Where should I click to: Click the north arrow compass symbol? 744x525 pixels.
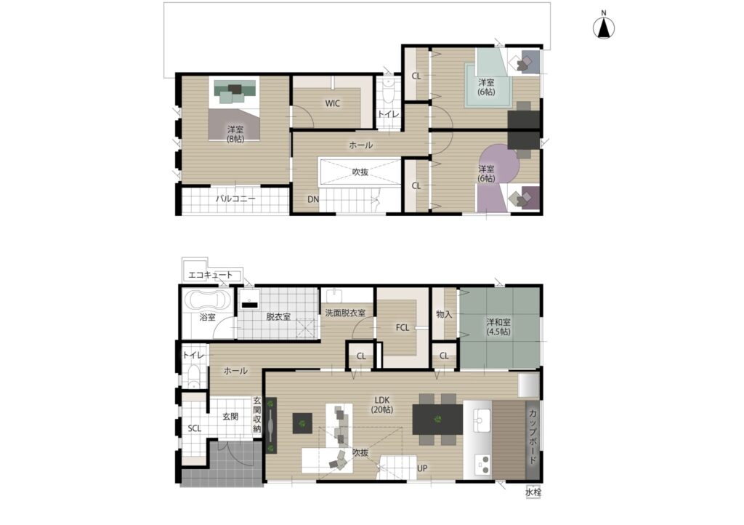click(x=604, y=28)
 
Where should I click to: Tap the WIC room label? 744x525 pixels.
click(x=333, y=103)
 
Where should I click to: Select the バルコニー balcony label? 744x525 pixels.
click(x=236, y=199)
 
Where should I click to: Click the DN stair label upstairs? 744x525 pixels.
click(x=313, y=199)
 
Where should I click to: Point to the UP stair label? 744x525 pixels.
click(x=422, y=468)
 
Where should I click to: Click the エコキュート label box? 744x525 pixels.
click(x=211, y=275)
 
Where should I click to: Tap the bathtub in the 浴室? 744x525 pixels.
click(x=208, y=300)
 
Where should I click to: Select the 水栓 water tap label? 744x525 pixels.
click(x=533, y=492)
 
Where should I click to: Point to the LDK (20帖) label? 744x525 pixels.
click(x=382, y=405)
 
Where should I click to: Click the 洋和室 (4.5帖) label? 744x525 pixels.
click(x=498, y=326)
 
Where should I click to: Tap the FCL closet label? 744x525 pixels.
click(x=403, y=327)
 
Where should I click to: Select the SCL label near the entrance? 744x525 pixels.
click(x=195, y=428)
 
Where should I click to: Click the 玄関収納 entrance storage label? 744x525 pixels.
click(x=257, y=415)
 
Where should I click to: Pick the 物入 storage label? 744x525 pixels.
click(x=444, y=314)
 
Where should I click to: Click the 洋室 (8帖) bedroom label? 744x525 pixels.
click(x=235, y=134)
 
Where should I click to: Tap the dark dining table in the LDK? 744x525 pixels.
click(x=437, y=419)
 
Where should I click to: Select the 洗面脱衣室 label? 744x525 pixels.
click(x=345, y=313)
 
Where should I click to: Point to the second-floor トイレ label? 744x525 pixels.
click(x=388, y=114)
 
